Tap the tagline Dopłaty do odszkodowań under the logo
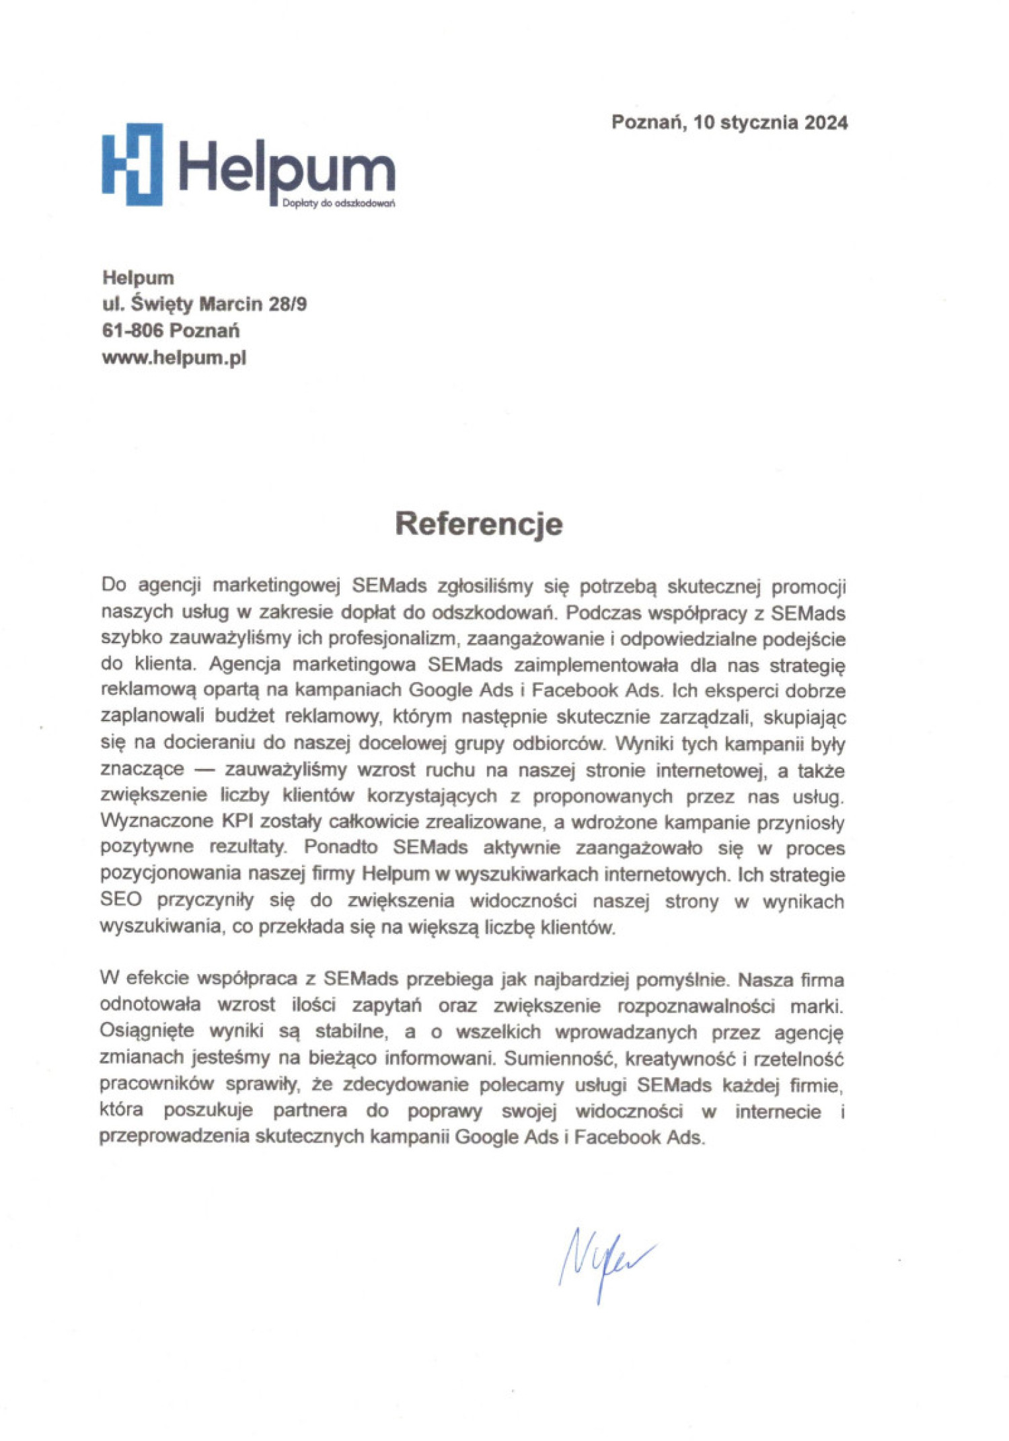[x=338, y=203]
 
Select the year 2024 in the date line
[x=826, y=122]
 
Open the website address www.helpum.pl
[x=174, y=357]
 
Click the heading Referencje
[x=478, y=524]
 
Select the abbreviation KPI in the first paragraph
[x=235, y=821]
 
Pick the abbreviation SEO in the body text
[x=120, y=900]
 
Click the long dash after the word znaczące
[x=204, y=770]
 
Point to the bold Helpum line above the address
[x=138, y=278]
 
